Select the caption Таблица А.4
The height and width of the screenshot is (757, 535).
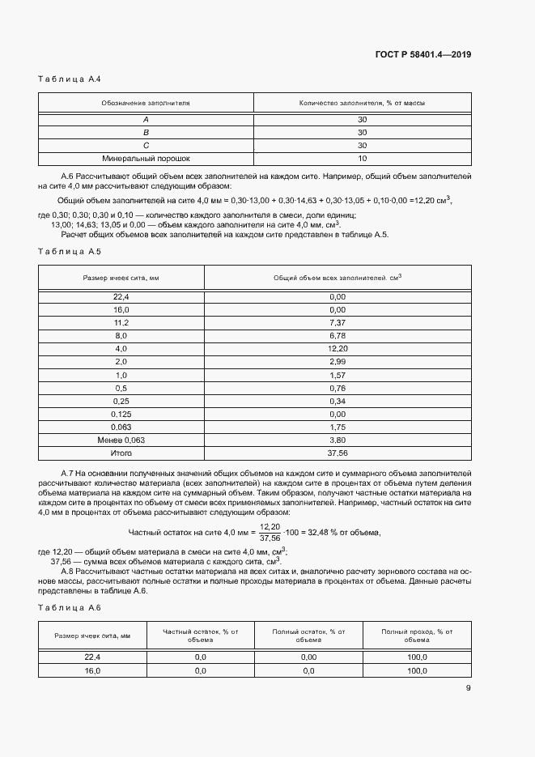click(69, 79)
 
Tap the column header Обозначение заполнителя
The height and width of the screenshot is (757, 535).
click(146, 104)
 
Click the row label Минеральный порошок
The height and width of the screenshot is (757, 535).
click(146, 159)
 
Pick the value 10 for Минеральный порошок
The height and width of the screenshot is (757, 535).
click(362, 159)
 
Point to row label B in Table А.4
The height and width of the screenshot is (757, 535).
click(146, 132)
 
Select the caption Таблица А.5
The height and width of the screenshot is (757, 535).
click(69, 251)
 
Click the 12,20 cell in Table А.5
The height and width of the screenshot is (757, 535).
click(338, 348)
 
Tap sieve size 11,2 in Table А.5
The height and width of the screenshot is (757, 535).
click(121, 322)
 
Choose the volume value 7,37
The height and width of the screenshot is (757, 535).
click(338, 322)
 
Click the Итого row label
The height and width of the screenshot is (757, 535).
click(121, 453)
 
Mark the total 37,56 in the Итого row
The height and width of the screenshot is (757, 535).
click(338, 453)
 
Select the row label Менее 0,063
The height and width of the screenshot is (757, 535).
click(121, 440)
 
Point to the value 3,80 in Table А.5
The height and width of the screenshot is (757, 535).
click(338, 440)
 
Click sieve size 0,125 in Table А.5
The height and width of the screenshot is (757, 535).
click(121, 414)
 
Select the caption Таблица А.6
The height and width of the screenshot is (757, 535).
click(69, 607)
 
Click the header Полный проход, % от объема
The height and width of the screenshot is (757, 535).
click(416, 635)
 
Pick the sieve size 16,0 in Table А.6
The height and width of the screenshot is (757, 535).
click(92, 671)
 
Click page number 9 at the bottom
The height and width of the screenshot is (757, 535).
click(468, 689)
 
